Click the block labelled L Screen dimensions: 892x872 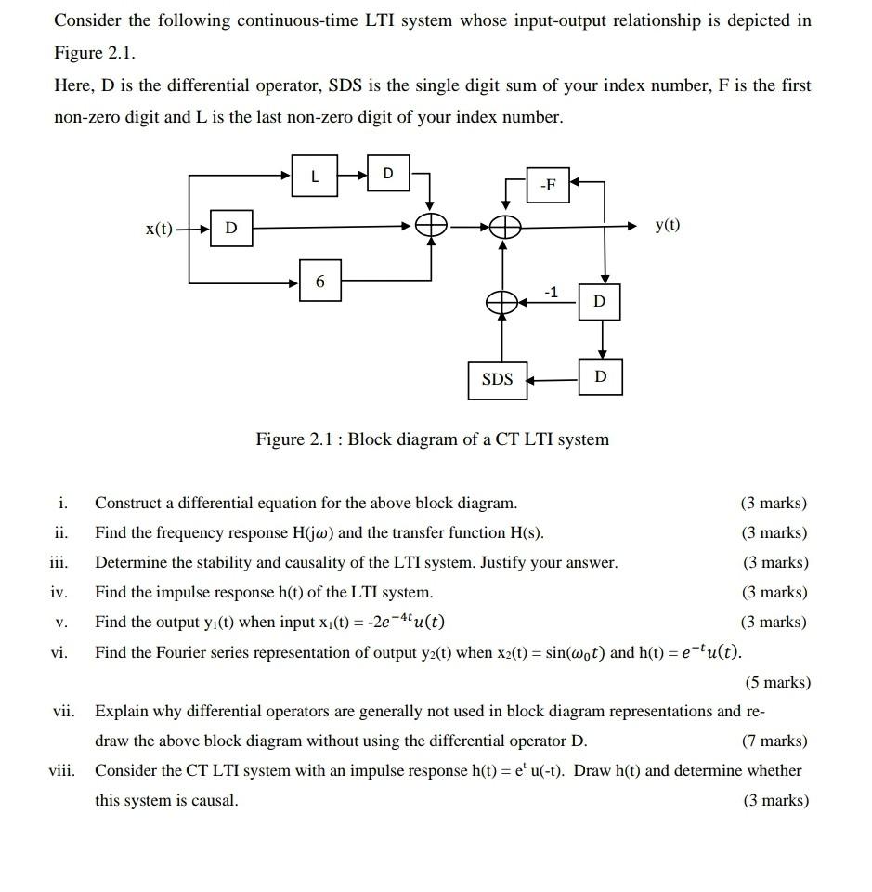[315, 176]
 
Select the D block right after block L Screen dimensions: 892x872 [388, 174]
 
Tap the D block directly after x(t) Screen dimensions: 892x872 [231, 227]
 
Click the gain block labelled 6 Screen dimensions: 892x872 [320, 281]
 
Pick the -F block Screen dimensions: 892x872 [549, 185]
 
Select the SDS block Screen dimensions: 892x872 [498, 379]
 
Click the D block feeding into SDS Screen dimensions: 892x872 [601, 376]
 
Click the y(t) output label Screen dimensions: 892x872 [667, 226]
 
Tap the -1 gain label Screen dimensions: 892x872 [551, 293]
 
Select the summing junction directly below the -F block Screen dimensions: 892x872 [503, 226]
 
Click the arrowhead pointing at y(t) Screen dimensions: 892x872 [634, 226]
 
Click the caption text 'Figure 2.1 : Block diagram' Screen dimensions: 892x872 [433, 439]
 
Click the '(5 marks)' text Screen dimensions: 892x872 [777, 683]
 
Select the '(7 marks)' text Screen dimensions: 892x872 [774, 741]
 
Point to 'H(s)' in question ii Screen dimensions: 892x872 [527, 533]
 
